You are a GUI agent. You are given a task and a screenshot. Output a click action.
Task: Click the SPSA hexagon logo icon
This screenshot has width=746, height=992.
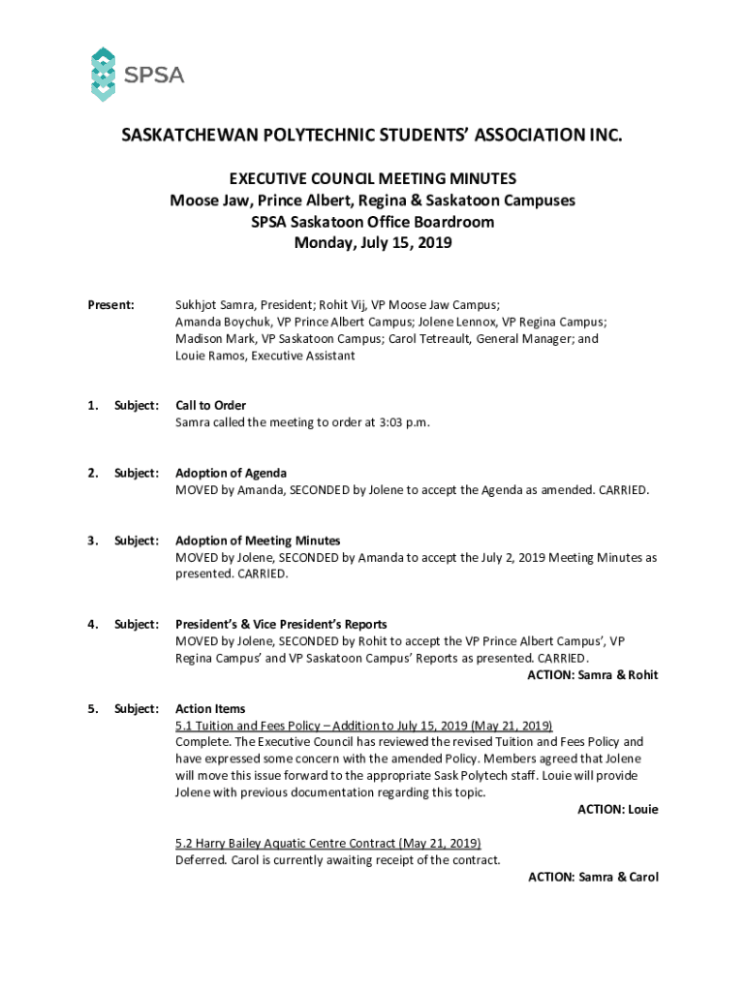tap(103, 74)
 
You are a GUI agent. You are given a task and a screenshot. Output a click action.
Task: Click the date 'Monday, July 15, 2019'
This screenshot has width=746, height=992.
tap(373, 244)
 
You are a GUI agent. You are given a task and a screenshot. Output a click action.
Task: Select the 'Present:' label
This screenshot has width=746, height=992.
tap(111, 305)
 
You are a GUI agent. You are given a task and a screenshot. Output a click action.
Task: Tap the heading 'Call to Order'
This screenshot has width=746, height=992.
tap(210, 405)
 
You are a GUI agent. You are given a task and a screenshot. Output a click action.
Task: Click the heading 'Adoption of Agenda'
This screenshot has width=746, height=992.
tap(231, 473)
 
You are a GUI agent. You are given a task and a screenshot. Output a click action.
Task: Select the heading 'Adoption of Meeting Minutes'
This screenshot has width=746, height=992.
tap(258, 541)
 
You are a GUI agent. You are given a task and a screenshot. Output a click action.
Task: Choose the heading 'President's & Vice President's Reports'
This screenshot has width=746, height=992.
tap(281, 625)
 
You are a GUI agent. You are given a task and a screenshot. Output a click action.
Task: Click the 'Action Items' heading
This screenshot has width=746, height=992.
tap(210, 709)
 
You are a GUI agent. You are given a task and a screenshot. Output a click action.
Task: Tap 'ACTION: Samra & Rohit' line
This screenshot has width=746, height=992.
tap(592, 675)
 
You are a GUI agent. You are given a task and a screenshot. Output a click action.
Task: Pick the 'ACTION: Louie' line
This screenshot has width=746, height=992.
tap(617, 809)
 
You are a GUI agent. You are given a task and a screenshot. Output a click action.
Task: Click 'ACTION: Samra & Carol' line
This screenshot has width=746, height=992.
tap(592, 877)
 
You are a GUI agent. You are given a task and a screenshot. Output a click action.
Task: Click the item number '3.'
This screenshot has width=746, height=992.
tap(93, 541)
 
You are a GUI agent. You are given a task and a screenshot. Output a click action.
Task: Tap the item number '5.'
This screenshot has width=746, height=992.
tap(93, 709)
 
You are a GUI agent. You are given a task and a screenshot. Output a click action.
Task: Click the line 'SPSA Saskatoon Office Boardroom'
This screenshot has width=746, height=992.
tap(373, 223)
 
